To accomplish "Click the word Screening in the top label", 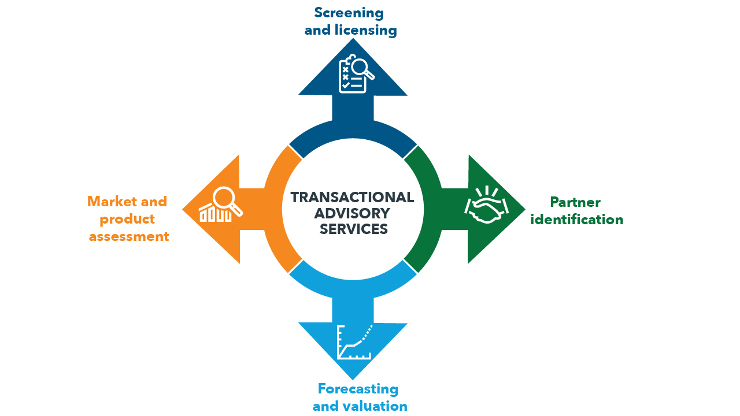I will click(x=349, y=13).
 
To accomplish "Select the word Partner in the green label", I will click(x=575, y=202).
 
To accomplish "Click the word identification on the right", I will click(x=577, y=220).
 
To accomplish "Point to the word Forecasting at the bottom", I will click(x=358, y=389).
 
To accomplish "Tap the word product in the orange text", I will click(x=128, y=219).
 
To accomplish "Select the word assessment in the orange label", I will click(x=129, y=236).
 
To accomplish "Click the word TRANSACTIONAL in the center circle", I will click(x=353, y=198).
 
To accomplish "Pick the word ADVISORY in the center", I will click(x=353, y=213).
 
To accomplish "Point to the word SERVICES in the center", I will click(x=354, y=229).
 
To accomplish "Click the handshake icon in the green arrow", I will click(x=486, y=207).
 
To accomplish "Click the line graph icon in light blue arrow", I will click(x=354, y=342).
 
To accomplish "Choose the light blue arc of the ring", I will click(x=353, y=285).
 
